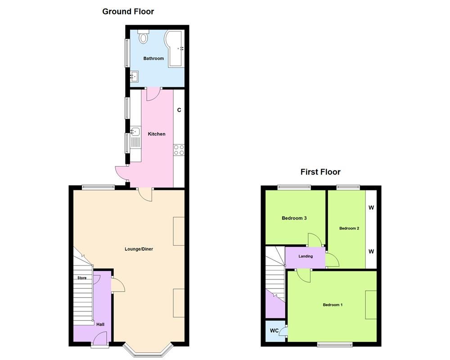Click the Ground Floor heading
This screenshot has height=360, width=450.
(128, 11)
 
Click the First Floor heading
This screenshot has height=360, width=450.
(320, 172)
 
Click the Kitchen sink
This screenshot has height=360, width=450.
(135, 132)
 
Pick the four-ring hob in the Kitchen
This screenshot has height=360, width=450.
(179, 149)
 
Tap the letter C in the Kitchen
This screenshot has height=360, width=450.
(179, 110)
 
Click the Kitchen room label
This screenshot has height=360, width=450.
(157, 134)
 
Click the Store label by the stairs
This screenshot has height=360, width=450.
(82, 278)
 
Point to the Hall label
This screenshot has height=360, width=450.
(100, 324)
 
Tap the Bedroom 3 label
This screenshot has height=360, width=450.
(294, 218)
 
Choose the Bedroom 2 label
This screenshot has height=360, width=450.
(349, 228)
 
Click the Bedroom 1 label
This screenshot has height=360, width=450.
(333, 305)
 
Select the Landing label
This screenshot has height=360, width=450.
(306, 256)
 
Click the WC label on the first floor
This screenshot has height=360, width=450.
(274, 331)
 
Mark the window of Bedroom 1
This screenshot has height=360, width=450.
(335, 345)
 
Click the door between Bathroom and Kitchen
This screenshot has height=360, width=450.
(153, 93)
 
